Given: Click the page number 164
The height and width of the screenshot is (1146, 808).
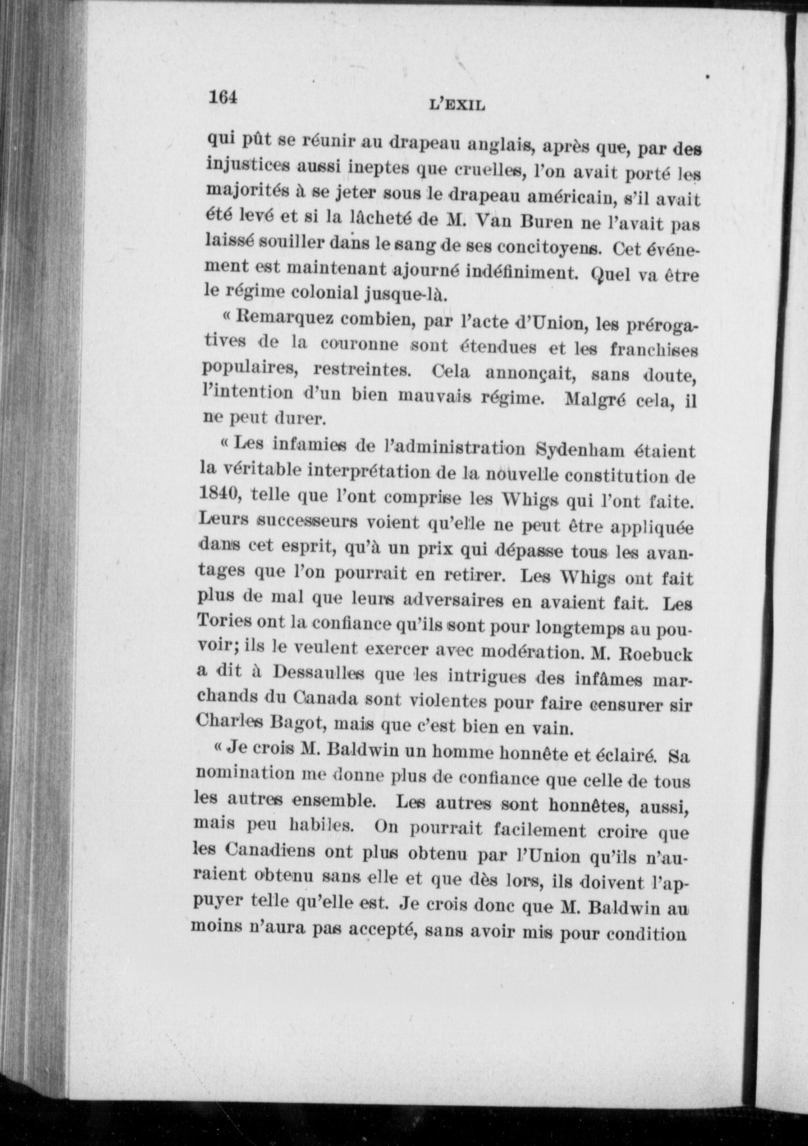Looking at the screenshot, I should (222, 97).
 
